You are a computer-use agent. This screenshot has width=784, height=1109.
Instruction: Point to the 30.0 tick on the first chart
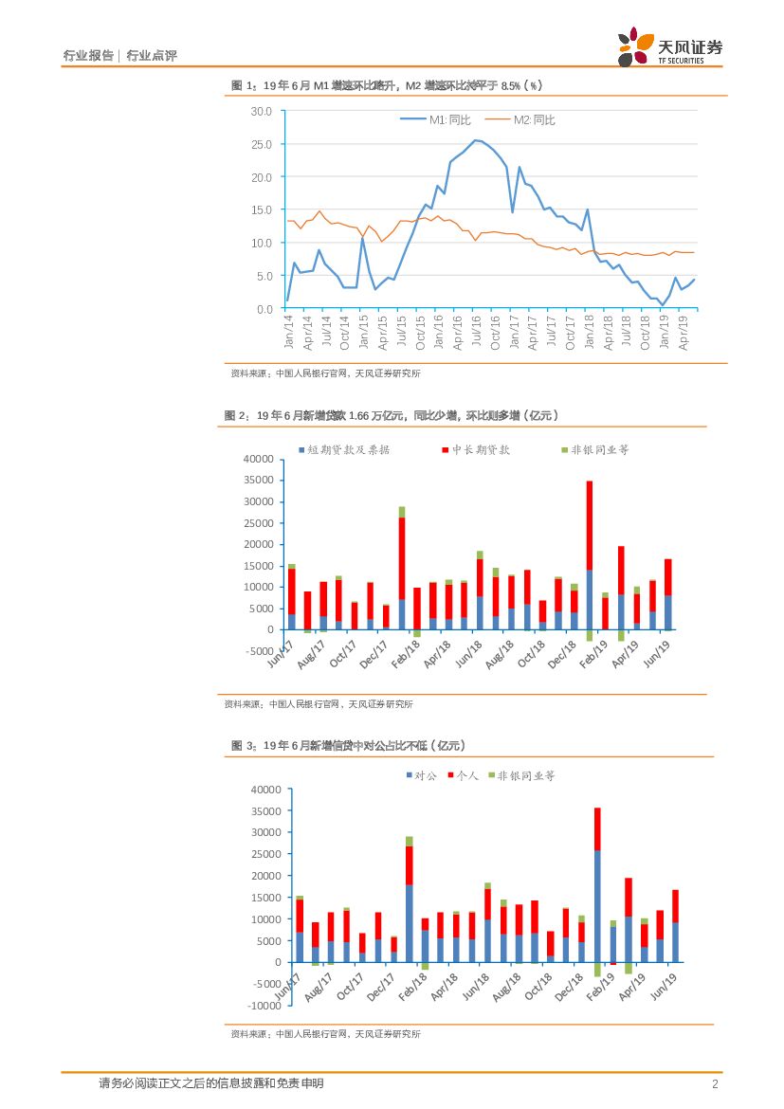point(261,112)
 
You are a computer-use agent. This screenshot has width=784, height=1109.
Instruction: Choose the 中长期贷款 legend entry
point(475,449)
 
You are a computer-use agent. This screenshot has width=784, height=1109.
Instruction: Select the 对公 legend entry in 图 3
point(421,775)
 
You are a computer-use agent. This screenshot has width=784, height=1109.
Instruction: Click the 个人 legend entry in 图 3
point(463,775)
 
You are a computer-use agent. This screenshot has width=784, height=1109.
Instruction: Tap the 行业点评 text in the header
point(152,56)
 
